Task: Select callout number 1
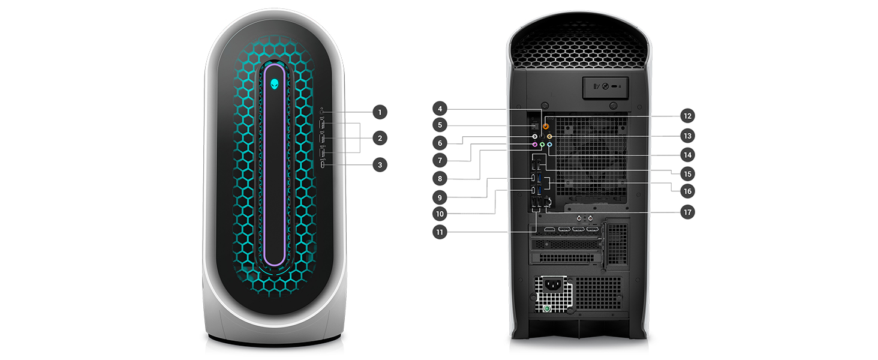379,112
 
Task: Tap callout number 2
379,138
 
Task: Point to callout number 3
379,164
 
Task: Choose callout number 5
440,125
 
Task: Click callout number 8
440,178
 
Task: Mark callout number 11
440,232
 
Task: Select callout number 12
687,116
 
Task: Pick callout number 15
687,174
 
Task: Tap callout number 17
687,212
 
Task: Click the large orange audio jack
546,127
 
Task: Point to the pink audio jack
534,144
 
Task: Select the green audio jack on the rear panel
542,145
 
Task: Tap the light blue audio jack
550,145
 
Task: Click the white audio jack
534,136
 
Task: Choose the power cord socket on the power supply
553,287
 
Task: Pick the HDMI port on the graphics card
549,230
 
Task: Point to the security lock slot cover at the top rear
605,86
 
